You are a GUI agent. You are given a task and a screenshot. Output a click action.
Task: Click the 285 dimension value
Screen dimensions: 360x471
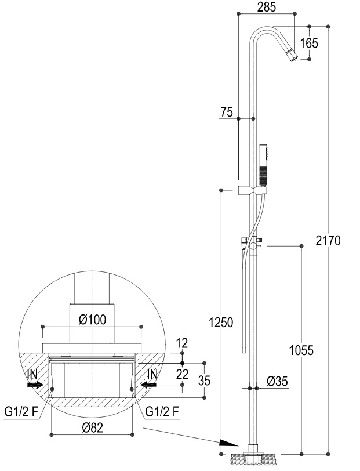tap(267, 7)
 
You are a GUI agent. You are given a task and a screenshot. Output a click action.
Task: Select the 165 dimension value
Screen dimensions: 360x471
tap(309, 43)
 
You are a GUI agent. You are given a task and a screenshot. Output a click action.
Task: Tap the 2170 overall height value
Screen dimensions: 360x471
tap(328, 241)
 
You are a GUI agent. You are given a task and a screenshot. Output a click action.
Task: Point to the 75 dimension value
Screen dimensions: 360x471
tap(227, 112)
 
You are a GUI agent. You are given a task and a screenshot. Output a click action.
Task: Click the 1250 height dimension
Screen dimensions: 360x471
tap(221, 323)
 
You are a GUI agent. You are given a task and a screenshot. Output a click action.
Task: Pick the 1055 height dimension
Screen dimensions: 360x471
tap(301, 350)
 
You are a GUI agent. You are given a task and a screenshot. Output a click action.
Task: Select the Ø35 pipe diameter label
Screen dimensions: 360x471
tap(277, 382)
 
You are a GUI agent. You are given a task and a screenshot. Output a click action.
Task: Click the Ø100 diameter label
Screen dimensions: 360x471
tap(93, 320)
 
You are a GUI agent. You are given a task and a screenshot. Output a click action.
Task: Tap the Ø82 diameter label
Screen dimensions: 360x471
tap(93, 427)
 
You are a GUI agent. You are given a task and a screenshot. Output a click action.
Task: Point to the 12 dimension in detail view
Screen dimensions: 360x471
tap(182, 343)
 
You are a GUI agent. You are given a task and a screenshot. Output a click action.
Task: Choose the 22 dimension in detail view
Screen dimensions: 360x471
tap(182, 374)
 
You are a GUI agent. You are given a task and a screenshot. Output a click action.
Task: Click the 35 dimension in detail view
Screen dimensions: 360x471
tap(204, 381)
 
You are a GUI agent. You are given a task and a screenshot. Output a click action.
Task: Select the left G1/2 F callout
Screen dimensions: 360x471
tap(22, 412)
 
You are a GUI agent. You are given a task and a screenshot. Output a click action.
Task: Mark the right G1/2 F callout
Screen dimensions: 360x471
tap(162, 411)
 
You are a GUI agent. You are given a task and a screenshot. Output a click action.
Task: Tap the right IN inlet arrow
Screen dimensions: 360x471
tap(148, 385)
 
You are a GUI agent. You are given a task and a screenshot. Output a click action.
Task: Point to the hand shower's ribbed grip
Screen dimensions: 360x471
tap(263, 175)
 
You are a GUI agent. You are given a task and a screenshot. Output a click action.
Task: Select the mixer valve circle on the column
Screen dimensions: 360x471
tap(253, 247)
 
